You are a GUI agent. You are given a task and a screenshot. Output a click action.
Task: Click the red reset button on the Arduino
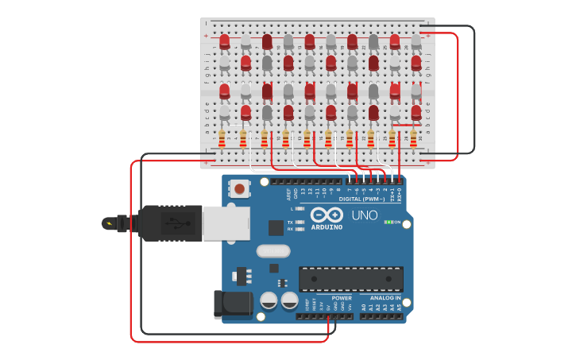coord(239,189)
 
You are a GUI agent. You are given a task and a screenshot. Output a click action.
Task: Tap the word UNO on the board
coord(365,215)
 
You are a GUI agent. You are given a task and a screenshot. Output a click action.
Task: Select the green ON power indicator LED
coord(388,222)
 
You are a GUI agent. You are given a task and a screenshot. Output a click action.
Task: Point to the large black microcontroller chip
coord(350,278)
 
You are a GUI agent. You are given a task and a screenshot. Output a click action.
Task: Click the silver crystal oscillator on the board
coord(273,251)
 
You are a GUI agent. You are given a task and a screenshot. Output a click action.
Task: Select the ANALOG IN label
coord(385,298)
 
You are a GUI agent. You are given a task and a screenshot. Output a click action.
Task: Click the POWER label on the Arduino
coord(342,298)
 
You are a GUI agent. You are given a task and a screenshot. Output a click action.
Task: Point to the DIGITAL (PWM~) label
coord(361,199)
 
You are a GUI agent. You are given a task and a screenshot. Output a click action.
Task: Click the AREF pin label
coord(288,192)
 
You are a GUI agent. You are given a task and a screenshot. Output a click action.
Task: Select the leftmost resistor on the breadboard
coord(222,139)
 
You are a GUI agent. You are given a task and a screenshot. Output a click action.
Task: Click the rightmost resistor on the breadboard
coord(413,139)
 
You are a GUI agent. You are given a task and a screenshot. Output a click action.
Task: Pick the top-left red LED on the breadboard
coord(225,41)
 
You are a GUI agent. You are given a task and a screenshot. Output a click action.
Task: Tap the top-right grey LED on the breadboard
coord(416,41)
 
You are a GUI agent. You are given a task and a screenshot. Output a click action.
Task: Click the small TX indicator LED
coord(300,222)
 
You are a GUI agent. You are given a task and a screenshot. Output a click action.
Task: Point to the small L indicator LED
coord(300,209)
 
